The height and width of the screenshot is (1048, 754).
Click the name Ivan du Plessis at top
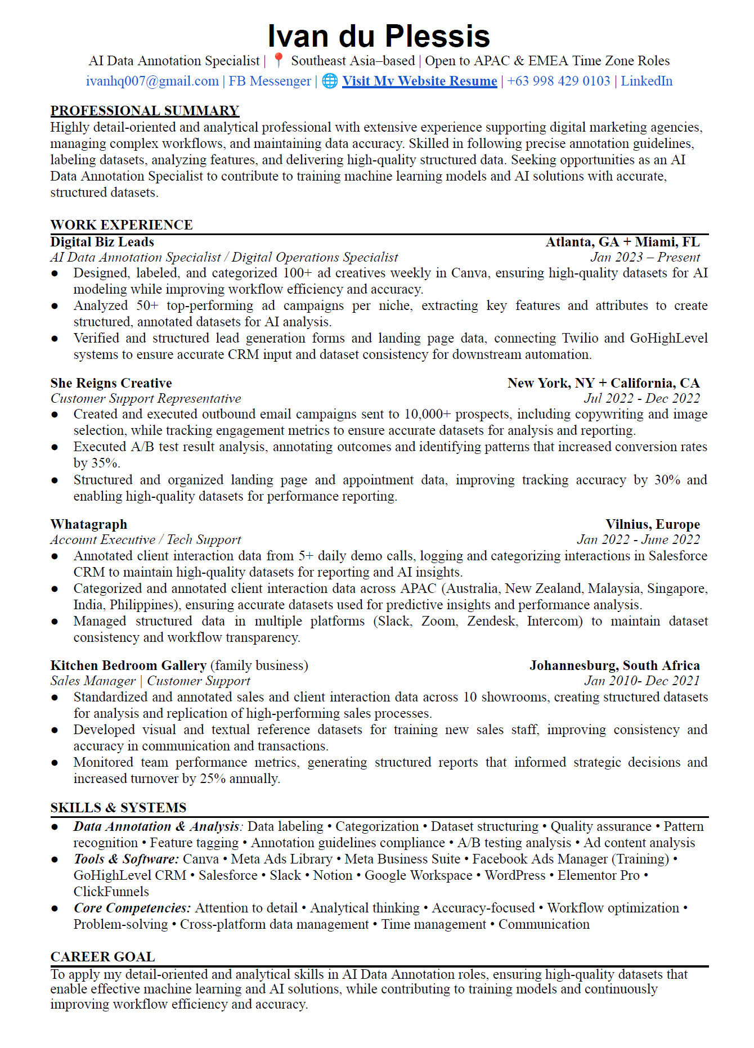(379, 36)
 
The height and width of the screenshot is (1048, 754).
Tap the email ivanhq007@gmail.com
(152, 81)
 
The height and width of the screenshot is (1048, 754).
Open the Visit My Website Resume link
(419, 81)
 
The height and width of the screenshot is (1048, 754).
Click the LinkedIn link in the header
(647, 81)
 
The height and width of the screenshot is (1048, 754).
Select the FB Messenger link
(270, 81)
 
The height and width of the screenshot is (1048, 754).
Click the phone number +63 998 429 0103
(558, 81)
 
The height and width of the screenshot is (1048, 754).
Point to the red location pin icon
(278, 60)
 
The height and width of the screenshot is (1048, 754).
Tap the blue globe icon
(330, 81)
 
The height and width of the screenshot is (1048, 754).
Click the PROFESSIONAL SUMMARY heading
(145, 111)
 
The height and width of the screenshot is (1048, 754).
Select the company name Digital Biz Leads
(102, 242)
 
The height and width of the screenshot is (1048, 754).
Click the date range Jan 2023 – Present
(645, 257)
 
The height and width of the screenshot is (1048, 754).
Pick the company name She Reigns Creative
(111, 383)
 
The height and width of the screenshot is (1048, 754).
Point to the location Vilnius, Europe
(653, 524)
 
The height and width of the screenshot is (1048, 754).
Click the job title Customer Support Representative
(145, 398)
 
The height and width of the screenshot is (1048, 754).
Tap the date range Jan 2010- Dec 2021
(642, 681)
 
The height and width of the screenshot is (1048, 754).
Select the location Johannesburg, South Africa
(614, 665)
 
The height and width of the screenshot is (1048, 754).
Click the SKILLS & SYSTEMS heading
(118, 808)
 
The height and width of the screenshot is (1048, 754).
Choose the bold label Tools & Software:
(126, 859)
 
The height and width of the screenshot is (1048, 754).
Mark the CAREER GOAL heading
(102, 957)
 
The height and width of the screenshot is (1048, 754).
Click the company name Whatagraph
(88, 524)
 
